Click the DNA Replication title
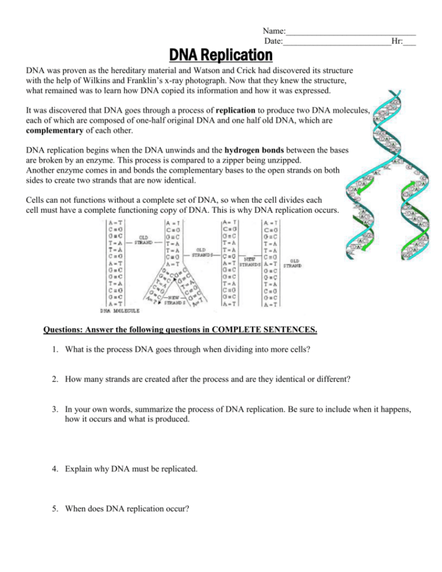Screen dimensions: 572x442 [x=221, y=56]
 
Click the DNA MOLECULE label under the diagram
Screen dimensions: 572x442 [x=119, y=310]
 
